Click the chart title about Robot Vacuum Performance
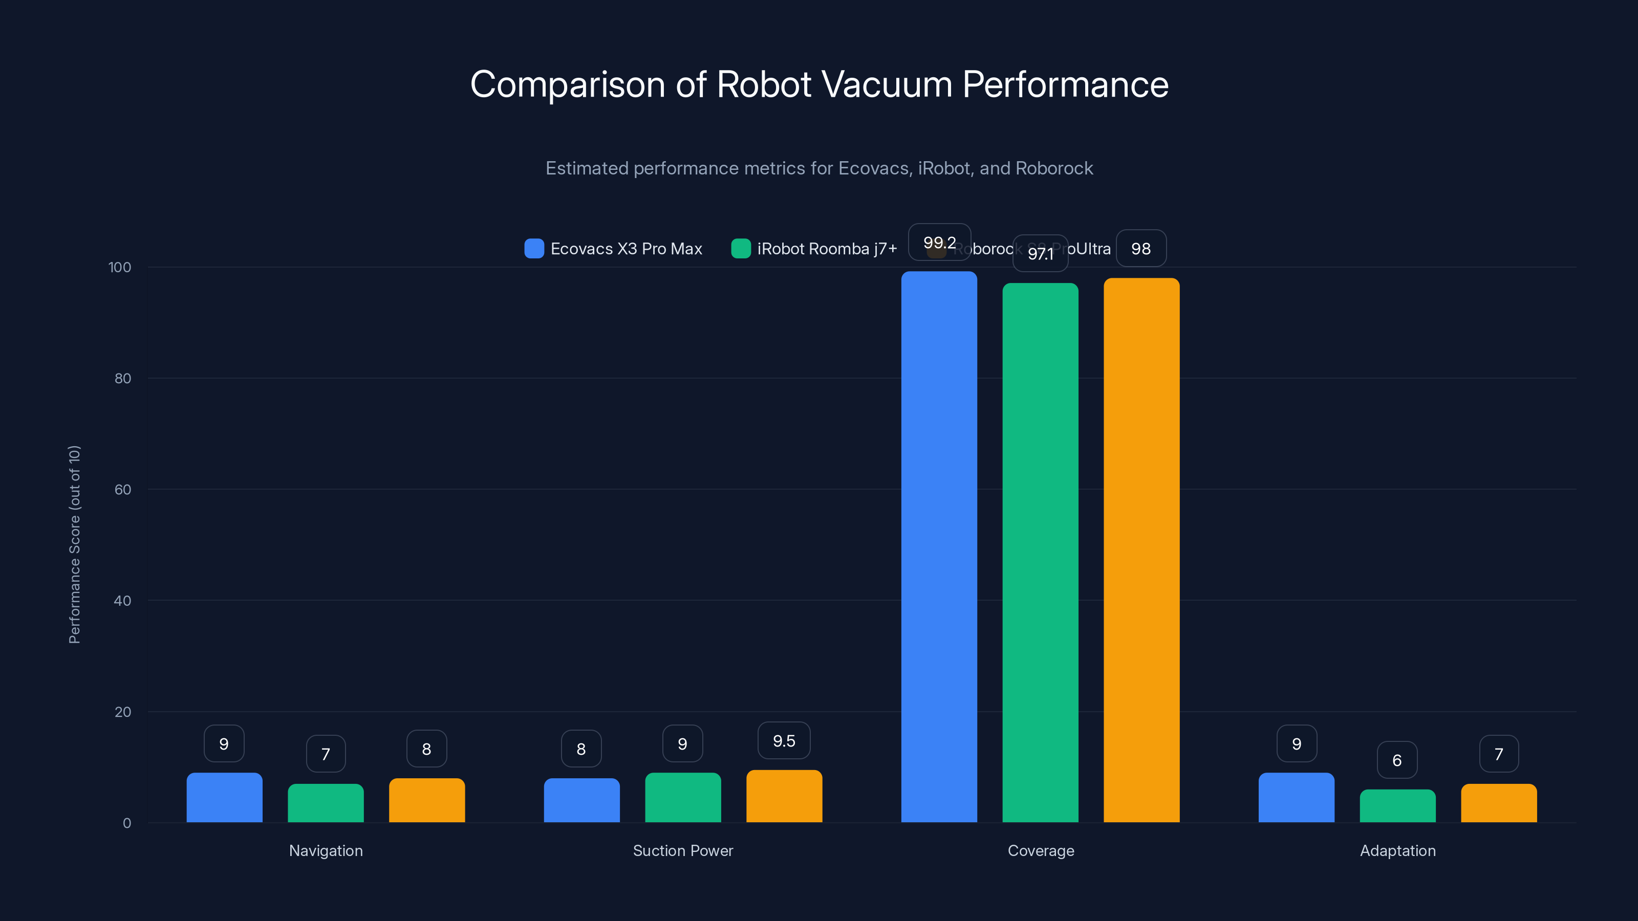tap(819, 84)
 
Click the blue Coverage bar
tap(939, 546)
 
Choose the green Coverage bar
tap(1040, 553)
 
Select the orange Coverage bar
tap(1141, 550)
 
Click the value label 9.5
tap(784, 740)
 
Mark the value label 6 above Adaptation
tap(1397, 760)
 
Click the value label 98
tap(1141, 249)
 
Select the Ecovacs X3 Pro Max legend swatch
tap(534, 249)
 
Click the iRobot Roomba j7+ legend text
tap(827, 249)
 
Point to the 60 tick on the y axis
tap(123, 490)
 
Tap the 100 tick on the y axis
tap(120, 267)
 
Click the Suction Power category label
tap(683, 850)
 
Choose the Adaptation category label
tap(1397, 850)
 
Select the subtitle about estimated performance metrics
tap(819, 168)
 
